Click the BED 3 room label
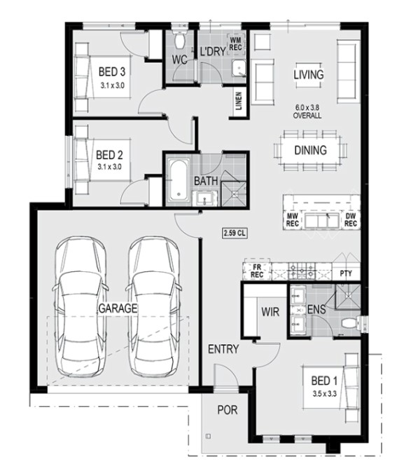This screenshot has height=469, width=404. click(112, 72)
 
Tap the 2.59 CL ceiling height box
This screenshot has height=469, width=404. click(235, 233)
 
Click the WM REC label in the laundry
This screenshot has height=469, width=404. click(235, 43)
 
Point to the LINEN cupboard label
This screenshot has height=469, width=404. click(239, 101)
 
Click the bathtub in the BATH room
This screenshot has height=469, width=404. click(179, 179)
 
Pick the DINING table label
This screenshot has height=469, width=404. click(310, 150)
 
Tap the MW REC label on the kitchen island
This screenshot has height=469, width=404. click(292, 219)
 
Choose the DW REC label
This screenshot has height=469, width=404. click(351, 219)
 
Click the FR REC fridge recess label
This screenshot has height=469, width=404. click(257, 271)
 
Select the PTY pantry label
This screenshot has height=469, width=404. click(346, 273)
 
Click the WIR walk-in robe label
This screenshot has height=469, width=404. click(270, 312)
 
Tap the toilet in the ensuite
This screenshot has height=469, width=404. click(349, 323)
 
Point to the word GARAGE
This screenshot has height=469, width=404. click(118, 308)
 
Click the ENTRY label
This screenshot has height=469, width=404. click(223, 349)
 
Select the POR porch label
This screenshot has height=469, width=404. click(228, 410)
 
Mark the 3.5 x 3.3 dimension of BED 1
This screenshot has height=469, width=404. click(324, 393)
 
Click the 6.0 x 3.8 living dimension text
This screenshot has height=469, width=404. click(307, 107)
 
